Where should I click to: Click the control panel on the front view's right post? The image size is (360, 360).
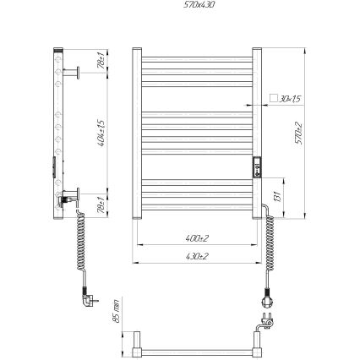pos(256,166)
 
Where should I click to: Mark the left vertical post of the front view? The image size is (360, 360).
pos(137,135)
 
